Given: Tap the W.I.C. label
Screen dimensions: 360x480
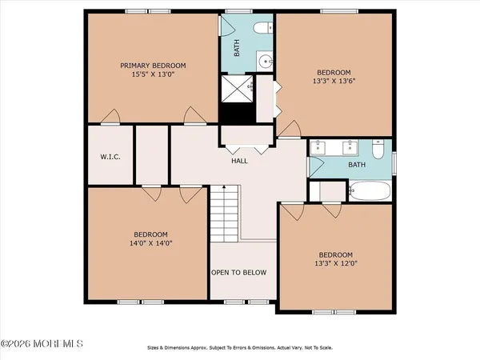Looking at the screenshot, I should (x=110, y=157).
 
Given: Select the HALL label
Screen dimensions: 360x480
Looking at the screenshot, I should (x=239, y=161).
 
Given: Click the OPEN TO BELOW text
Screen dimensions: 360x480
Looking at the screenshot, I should (x=238, y=272).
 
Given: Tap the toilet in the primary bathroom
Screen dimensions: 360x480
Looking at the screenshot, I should (x=261, y=30).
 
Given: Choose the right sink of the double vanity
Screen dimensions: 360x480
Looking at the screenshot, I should (x=351, y=147).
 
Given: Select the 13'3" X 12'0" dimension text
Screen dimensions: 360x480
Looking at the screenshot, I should (x=336, y=266).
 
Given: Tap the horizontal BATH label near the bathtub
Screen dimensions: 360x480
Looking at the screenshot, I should (x=357, y=166).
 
